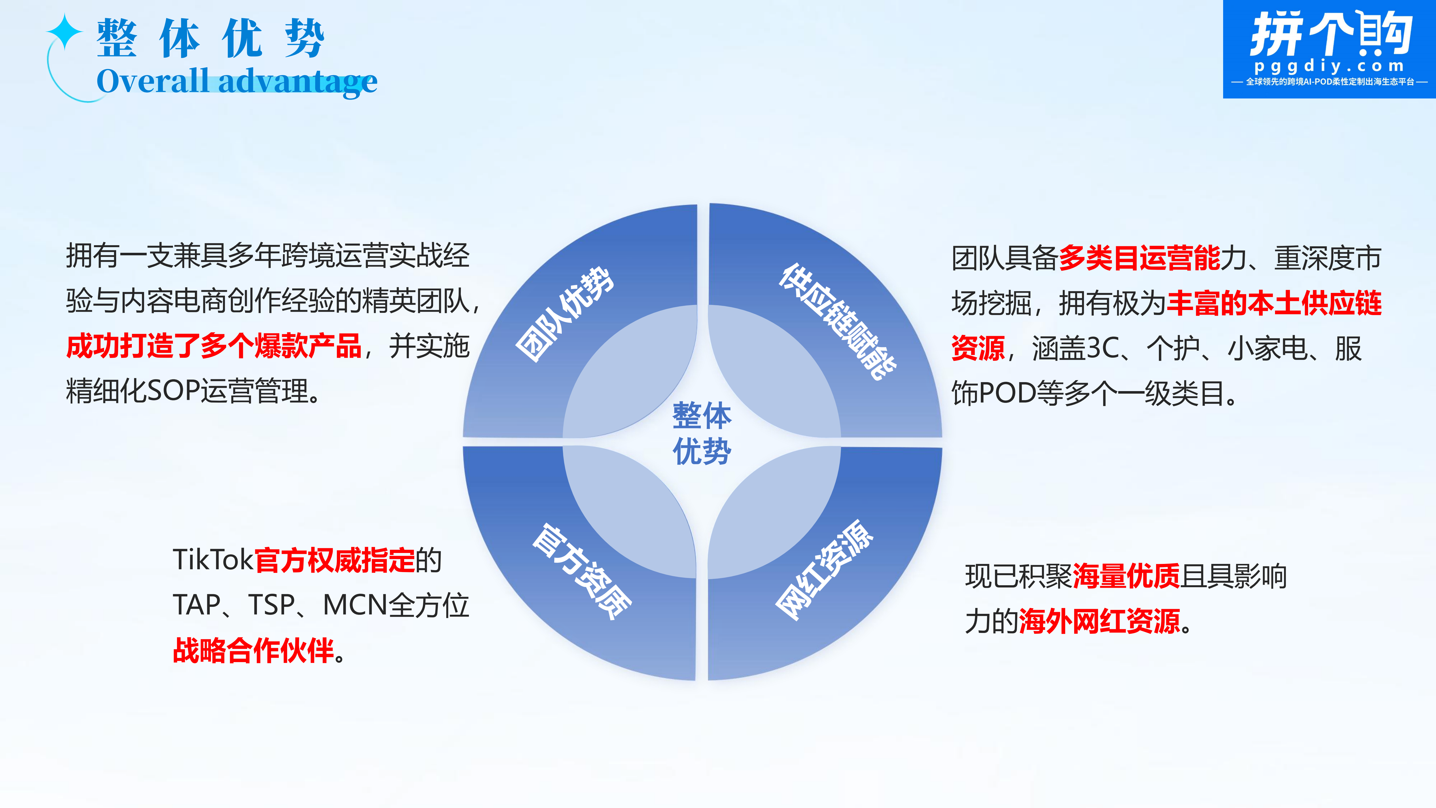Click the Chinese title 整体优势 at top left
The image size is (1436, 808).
[210, 38]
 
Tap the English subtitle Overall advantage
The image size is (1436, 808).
[237, 81]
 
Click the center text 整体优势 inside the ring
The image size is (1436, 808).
[702, 433]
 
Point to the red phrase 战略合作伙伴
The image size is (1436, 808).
[254, 650]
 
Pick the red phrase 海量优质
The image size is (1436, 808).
[1126, 576]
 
